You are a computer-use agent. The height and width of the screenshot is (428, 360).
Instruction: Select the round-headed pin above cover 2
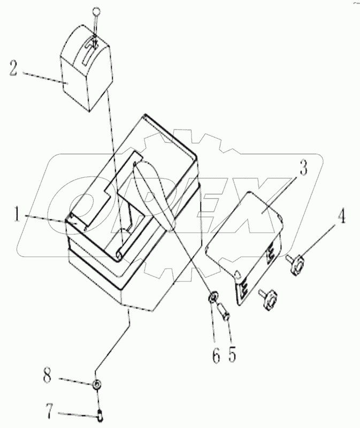click(x=96, y=12)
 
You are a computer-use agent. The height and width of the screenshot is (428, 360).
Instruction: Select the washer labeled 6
click(x=212, y=296)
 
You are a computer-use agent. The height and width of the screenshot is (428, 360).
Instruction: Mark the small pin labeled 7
click(x=100, y=412)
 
